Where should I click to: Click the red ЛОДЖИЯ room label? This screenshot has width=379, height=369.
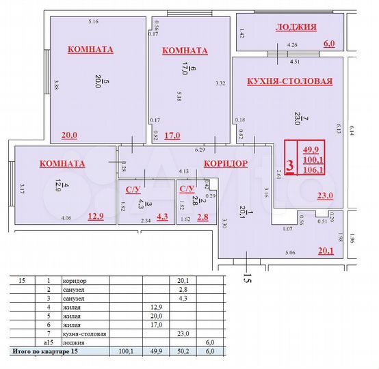[296, 27]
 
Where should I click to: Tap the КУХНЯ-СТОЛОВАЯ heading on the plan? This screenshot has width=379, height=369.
[289, 81]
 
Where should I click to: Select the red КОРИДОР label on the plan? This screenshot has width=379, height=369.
[225, 164]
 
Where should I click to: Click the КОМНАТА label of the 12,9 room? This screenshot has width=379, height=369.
[62, 164]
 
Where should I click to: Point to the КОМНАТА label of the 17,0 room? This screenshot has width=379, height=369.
[185, 51]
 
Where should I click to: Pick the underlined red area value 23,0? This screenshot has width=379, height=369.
[324, 196]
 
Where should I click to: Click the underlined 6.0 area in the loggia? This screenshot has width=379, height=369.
[329, 43]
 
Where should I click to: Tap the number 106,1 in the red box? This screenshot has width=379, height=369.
[314, 170]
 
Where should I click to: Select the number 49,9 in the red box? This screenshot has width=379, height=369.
[314, 149]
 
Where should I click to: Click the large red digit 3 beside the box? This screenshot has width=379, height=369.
[290, 165]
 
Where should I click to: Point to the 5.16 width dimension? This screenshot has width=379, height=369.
[94, 23]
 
